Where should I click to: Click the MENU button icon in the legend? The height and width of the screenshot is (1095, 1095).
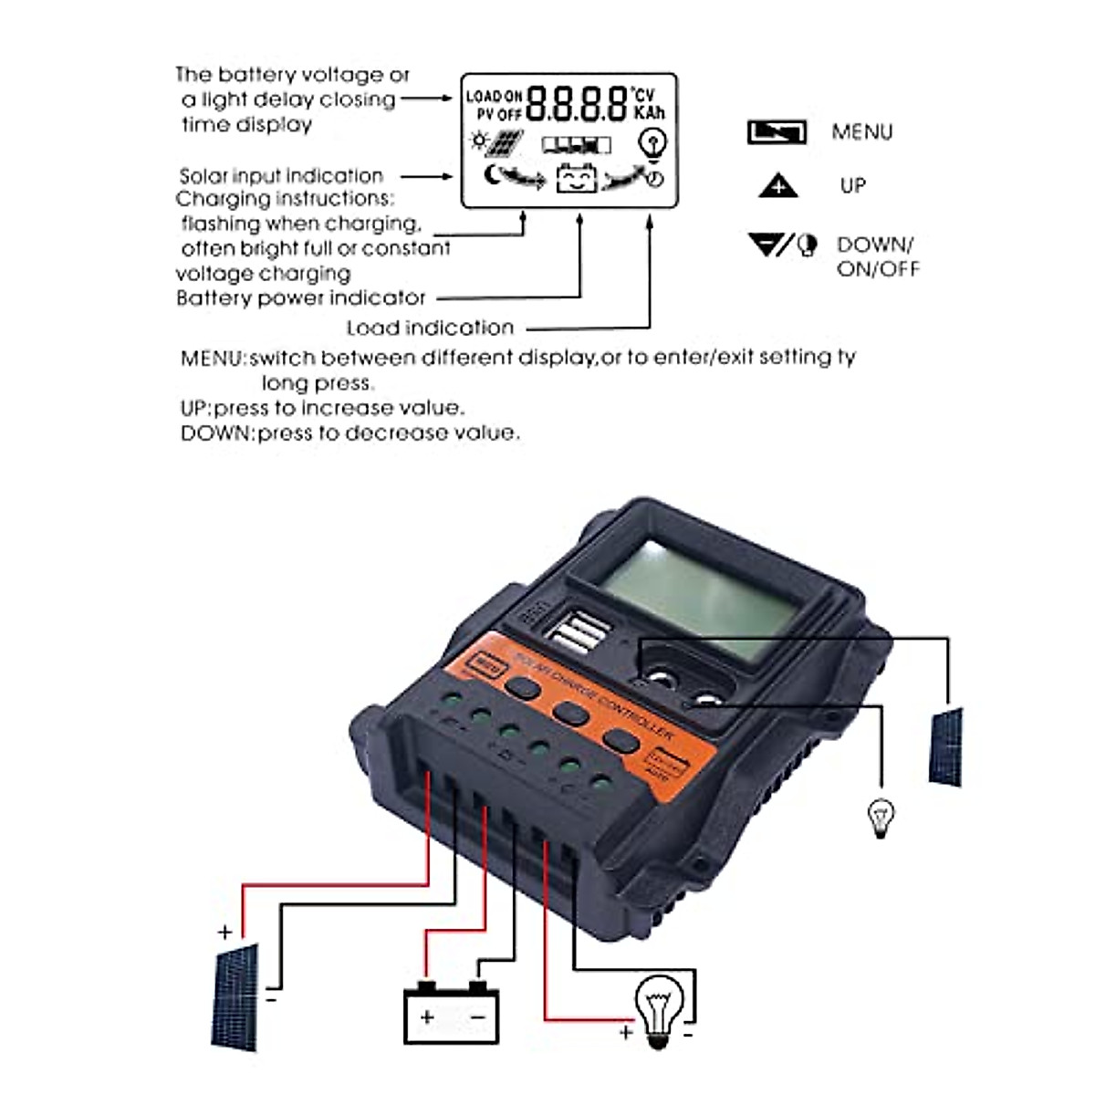coord(777,132)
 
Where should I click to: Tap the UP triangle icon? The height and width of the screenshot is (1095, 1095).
coord(777,186)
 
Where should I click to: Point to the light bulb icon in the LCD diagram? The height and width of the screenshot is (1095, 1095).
coord(653,143)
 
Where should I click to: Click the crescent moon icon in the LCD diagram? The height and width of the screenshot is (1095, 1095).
coord(493,175)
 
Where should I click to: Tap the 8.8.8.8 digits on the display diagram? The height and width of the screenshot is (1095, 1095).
coord(577,104)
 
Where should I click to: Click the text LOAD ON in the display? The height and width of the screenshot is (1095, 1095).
coord(494,96)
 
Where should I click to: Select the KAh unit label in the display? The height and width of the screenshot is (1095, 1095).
coord(650,112)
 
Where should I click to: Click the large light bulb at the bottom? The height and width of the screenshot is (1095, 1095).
coord(659,1008)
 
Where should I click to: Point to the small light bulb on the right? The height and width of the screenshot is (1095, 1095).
coord(881,816)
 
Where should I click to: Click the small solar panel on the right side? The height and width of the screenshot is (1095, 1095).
coord(945,746)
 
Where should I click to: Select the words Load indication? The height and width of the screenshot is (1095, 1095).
coord(430,328)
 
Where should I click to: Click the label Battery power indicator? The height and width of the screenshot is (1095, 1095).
coord(301,298)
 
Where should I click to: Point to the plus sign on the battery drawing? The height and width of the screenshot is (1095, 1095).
coord(427,1017)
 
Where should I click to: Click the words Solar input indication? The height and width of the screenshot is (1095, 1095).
coord(281,176)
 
